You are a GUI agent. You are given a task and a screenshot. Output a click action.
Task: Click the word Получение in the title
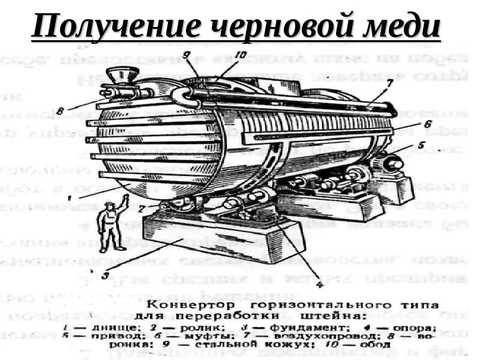100,28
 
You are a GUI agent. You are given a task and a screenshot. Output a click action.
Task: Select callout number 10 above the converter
224,56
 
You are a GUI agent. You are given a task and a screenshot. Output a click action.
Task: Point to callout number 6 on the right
428,124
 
